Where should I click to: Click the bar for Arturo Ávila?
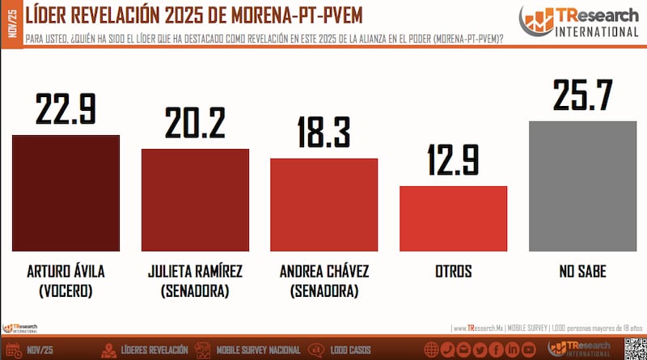point(66,193)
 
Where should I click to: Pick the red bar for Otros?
point(453,219)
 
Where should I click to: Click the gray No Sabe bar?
point(582,187)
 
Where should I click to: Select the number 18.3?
point(323,132)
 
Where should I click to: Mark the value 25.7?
point(582,95)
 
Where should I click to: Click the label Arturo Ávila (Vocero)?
point(66,280)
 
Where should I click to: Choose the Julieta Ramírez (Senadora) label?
point(195,280)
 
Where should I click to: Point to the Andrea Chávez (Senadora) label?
point(323,280)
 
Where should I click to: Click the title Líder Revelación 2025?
point(182,16)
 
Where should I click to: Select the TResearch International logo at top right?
point(578,21)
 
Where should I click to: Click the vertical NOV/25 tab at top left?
point(10,18)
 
